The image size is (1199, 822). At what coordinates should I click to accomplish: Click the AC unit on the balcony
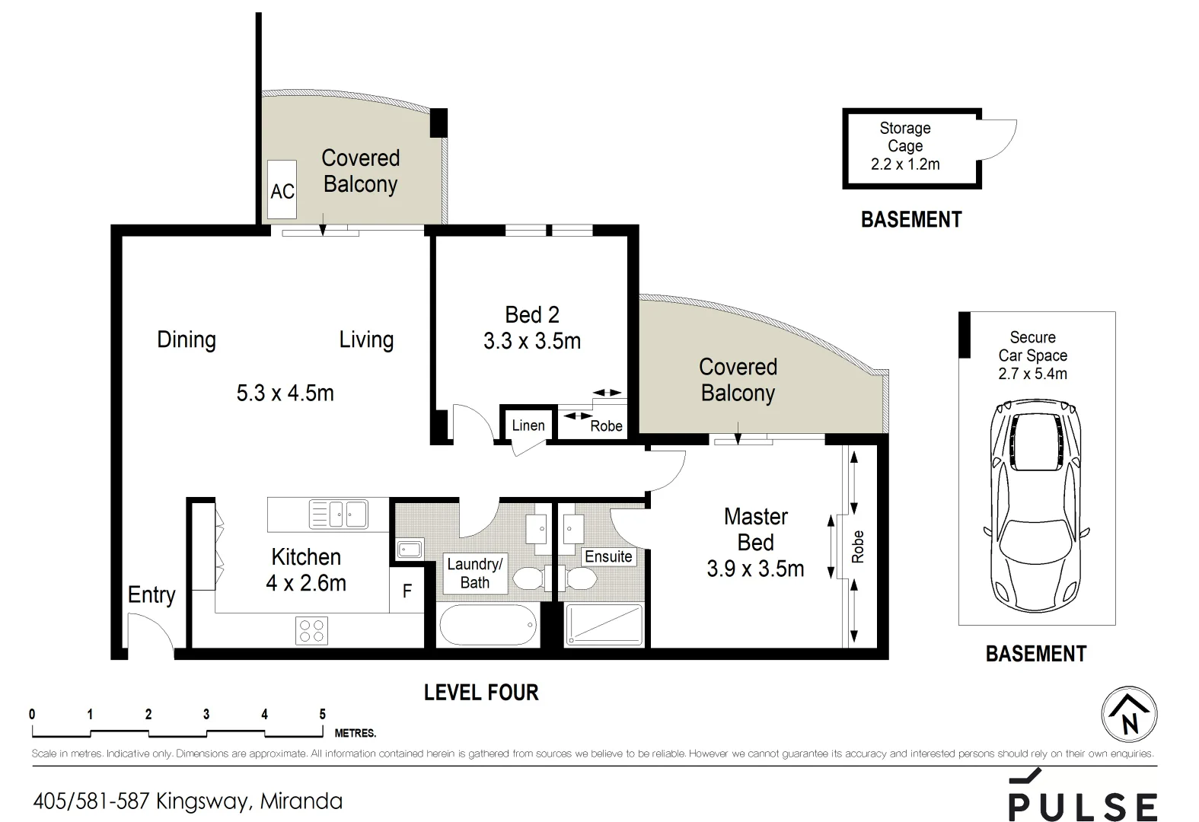pos(282,190)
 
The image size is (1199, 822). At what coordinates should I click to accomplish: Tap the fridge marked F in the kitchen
pos(407,591)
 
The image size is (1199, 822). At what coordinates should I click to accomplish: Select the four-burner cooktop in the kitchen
pos(311,630)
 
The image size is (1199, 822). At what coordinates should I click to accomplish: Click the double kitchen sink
pos(339,515)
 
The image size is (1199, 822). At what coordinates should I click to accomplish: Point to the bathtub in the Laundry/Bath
pos(488,625)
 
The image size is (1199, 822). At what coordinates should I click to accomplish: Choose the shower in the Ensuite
pos(604,625)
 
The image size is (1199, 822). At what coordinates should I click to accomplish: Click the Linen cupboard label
pos(528,425)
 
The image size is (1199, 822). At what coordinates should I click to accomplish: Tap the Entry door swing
pos(151,632)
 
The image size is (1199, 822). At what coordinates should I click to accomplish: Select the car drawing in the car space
pos(1036,505)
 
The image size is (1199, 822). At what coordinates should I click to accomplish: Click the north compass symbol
pos(1130,715)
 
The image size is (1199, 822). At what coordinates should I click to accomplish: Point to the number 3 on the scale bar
pos(206,715)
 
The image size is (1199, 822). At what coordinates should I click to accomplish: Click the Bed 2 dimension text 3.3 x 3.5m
pos(532,341)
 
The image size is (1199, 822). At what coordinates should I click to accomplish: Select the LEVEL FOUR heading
pos(481,693)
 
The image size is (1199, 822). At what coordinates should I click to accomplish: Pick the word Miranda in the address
pos(301,801)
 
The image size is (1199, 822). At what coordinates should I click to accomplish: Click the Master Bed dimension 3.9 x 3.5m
pos(755,569)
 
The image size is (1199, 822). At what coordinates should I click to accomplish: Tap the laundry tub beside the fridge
pos(410,549)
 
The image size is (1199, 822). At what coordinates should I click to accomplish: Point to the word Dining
pos(187,339)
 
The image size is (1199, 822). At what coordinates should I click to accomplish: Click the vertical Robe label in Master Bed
pos(858,546)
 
